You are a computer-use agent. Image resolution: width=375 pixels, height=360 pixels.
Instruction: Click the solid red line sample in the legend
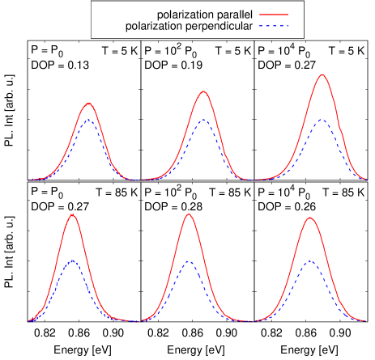[274, 15]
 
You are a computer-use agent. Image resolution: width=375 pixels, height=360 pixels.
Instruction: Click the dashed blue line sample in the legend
[274, 27]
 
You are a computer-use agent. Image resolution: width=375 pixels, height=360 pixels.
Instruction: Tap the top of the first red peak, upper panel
[88, 103]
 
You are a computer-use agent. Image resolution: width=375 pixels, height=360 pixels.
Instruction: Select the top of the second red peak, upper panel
[203, 91]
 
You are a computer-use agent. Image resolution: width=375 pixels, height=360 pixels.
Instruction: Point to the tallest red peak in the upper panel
[322, 74]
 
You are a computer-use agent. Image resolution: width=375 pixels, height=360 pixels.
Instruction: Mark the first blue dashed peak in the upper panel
[88, 120]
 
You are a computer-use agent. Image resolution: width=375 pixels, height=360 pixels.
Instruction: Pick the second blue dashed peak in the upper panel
[202, 120]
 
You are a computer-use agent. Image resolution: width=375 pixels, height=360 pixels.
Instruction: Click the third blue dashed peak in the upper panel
[322, 120]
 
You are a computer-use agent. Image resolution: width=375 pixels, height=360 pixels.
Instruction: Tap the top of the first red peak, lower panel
[73, 214]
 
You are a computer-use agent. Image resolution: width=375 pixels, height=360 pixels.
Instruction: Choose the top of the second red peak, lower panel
[189, 214]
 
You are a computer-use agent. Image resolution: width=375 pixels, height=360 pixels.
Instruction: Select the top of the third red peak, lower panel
[309, 217]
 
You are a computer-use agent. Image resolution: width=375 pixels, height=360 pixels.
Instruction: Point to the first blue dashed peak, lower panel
[72, 260]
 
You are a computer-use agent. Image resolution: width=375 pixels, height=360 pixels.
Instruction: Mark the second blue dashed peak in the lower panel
[188, 260]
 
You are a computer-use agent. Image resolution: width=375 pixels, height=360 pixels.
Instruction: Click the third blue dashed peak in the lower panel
[309, 260]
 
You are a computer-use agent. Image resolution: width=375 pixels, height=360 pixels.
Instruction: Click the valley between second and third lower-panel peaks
[249, 321]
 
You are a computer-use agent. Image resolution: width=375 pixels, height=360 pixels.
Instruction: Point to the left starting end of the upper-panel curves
[29, 180]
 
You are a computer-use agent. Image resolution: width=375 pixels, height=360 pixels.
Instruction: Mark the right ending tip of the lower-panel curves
[365, 321]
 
